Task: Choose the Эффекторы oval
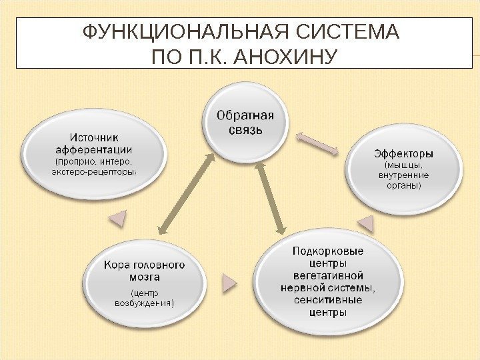click(x=404, y=171)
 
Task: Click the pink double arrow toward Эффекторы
click(x=317, y=144)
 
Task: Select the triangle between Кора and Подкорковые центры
click(x=229, y=284)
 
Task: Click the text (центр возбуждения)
click(x=143, y=297)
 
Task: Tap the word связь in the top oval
click(x=245, y=129)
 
